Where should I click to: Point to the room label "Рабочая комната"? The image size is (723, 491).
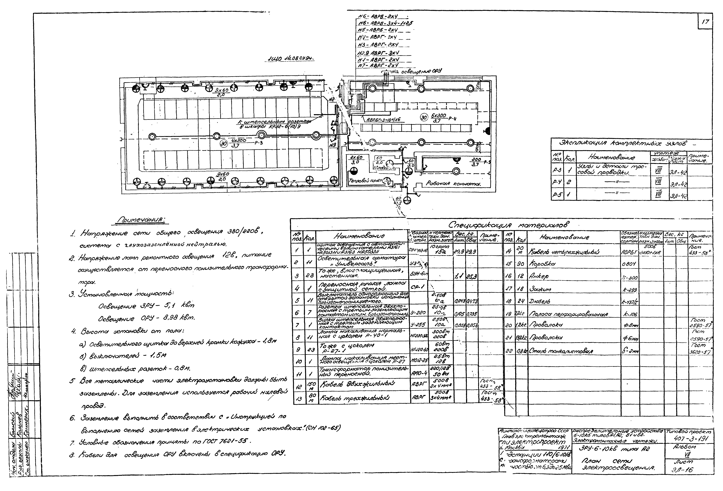453,184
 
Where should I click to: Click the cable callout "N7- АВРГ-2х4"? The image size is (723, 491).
378,65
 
